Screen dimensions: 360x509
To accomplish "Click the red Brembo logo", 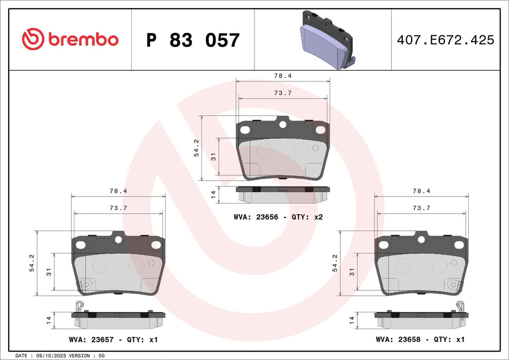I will point(70,39).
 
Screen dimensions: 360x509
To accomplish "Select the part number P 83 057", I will point(193,40).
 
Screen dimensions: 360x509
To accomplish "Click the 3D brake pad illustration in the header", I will point(325,39).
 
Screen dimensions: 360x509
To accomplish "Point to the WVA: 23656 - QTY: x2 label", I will point(278,217).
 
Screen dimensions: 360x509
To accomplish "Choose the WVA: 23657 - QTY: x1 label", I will point(114,340).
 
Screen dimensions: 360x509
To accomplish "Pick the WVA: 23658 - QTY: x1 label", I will point(420,340).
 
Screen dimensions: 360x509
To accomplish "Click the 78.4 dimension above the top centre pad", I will point(283,76).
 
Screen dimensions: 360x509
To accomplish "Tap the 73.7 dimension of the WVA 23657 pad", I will point(118,207).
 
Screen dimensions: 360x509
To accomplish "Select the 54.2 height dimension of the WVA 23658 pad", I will point(335,263).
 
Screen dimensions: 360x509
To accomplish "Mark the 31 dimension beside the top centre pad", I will point(213,157).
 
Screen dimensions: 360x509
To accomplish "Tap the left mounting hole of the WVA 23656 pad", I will point(245,130).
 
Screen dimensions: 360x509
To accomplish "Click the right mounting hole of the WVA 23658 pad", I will point(459,245).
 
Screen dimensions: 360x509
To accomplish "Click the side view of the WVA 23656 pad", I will point(283,194).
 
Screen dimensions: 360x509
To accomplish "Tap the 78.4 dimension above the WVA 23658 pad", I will point(421,191).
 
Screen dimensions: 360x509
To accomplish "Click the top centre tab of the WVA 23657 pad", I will point(118,236).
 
